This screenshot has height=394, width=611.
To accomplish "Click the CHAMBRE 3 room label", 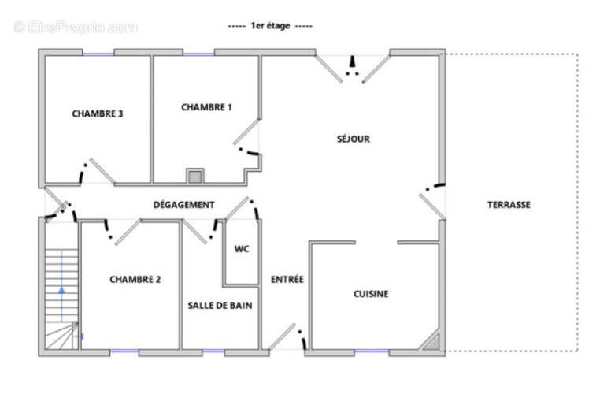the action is pos(98,113).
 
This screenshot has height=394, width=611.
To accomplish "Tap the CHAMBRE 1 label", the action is pos(206,107).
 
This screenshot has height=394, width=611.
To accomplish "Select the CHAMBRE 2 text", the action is pos(135,279).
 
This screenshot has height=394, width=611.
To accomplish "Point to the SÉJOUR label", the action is pos(354,139).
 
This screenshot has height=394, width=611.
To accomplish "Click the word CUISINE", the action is pos(371,294).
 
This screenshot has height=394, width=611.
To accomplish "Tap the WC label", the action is pos(242,249).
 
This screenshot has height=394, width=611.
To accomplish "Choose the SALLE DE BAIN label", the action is pos(220,306).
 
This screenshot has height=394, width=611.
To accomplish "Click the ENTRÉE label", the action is pos(287,279).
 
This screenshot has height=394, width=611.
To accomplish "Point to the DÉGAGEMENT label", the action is pos(183,205).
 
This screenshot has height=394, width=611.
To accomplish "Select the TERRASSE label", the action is pos(509,205).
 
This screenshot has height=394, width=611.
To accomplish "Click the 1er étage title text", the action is pos(270,26).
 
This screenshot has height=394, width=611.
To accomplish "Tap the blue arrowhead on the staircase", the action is pos(61,290).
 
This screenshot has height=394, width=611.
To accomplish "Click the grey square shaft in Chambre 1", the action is pos(194,177).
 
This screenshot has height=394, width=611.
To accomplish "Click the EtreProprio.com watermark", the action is pos(75,28).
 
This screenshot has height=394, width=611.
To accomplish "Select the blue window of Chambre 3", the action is pos(98,54).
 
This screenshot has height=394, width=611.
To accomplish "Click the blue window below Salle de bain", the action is pos(213,351).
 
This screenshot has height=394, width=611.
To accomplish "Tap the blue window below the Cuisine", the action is pos(372,351).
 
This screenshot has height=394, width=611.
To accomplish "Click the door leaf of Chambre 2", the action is pos(128,232).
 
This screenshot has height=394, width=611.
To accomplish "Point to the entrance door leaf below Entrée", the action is pos(282,336).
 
